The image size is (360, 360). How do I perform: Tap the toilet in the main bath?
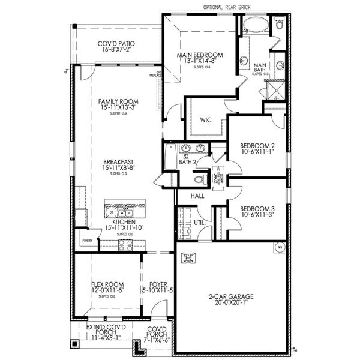[x=280, y=24]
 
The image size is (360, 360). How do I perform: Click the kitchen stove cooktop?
[x=125, y=244]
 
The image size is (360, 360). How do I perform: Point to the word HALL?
[x=197, y=196]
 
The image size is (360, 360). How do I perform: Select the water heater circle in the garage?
[x=280, y=247]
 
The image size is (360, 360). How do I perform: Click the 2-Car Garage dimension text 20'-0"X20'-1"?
[x=231, y=304]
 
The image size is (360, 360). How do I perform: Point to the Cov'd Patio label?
[x=116, y=44]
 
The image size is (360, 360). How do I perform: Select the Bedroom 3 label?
[x=257, y=209]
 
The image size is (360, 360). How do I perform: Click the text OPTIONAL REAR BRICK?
[x=227, y=7]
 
